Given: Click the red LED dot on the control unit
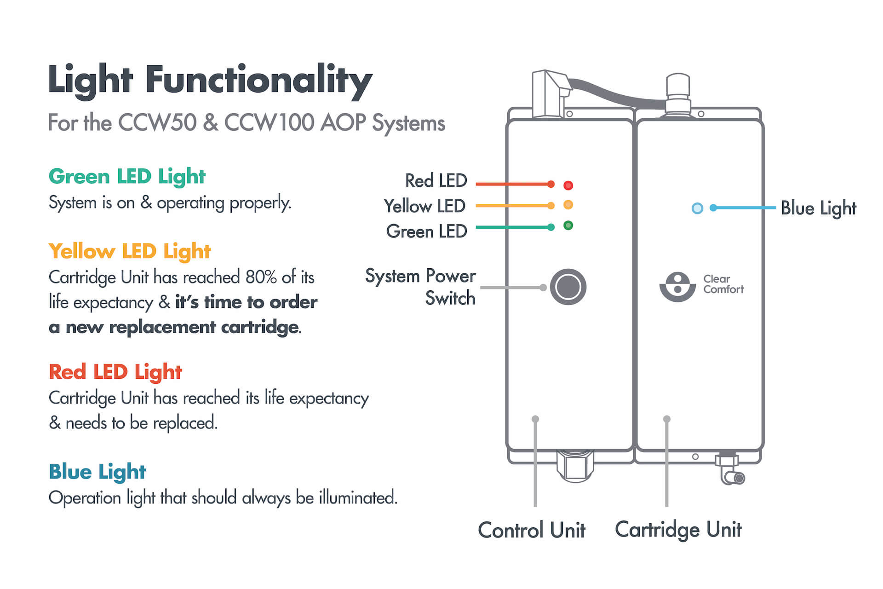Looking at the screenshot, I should pos(568,185).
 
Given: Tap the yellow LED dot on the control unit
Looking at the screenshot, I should pos(568,205).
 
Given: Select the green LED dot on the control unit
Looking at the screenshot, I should pos(568,225).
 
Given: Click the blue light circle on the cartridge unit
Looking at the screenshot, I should pos(697,208).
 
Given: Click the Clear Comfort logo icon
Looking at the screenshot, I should pos(677,287).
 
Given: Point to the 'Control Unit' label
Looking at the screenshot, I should pos(532,530).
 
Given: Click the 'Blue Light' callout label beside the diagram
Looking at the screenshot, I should pos(818,208).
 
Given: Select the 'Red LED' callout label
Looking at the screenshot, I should pos(436,181).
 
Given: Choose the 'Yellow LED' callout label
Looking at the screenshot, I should pos(424,206).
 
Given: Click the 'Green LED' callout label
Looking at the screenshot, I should pos(426,231).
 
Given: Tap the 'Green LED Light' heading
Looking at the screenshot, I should pos(127,177).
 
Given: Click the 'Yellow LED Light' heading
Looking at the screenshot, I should pos(130,252).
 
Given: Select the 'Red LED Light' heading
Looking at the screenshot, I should pos(115,372).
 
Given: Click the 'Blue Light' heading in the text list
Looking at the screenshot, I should pos(97,472).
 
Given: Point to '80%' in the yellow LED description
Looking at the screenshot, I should pos(261,277).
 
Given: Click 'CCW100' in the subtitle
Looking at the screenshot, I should pos(269,123).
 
